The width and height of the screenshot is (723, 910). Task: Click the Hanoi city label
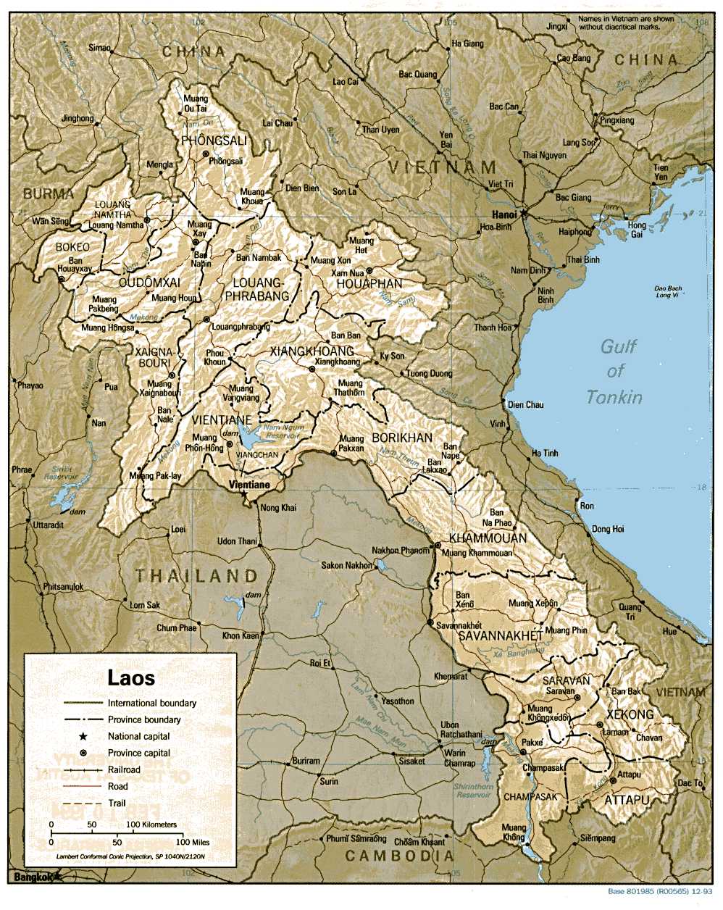click(x=504, y=214)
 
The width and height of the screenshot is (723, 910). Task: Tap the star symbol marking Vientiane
click(x=244, y=494)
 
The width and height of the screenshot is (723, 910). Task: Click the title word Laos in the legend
click(x=131, y=677)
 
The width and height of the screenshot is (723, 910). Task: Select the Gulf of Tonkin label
click(x=615, y=371)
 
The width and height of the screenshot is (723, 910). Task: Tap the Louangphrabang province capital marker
click(x=206, y=320)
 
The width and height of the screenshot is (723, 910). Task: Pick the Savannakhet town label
click(x=459, y=625)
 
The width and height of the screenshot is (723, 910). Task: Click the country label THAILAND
click(x=196, y=576)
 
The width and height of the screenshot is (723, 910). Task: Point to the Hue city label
click(x=669, y=631)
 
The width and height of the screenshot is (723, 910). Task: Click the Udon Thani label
click(x=237, y=541)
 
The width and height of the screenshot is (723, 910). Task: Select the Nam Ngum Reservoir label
click(x=283, y=432)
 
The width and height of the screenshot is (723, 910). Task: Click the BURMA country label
click(x=49, y=193)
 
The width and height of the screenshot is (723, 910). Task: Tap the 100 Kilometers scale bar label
click(x=151, y=825)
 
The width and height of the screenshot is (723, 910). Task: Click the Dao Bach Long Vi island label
click(x=668, y=291)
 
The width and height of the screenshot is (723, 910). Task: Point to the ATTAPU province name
click(x=627, y=800)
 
